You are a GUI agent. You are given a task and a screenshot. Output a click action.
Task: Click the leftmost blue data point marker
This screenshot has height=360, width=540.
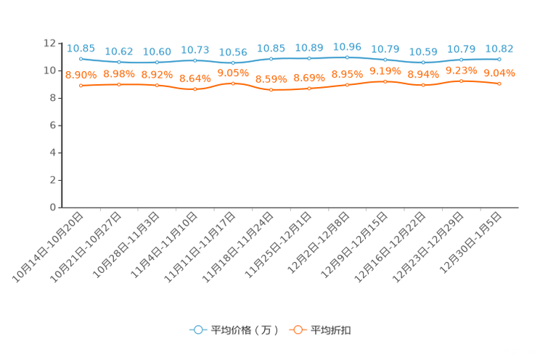(81, 58)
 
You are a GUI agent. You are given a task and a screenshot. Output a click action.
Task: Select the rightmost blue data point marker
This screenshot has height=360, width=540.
(499, 59)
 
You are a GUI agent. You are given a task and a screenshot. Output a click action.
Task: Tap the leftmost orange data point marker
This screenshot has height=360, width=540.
(81, 85)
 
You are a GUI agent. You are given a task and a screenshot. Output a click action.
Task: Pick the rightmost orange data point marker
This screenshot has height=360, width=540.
(499, 83)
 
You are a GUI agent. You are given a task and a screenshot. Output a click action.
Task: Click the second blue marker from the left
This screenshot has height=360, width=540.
(119, 62)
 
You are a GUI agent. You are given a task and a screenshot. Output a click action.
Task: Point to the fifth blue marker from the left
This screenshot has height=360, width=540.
(233, 63)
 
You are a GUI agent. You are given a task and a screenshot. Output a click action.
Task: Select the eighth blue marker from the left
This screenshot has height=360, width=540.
(347, 57)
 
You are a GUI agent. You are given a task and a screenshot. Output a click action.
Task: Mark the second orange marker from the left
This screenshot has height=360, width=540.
(119, 84)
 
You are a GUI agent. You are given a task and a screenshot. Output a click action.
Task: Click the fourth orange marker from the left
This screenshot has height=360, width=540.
(195, 89)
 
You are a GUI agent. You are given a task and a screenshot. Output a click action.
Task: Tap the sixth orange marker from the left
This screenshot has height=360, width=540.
(271, 89)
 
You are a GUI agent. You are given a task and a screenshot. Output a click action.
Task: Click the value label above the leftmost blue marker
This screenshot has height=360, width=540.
(81, 48)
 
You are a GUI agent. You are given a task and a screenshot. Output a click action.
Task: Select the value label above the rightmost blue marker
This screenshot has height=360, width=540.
(499, 49)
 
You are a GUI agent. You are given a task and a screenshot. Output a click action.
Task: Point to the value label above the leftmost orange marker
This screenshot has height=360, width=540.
(81, 74)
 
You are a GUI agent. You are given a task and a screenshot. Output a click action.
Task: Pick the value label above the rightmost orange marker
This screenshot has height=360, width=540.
(499, 73)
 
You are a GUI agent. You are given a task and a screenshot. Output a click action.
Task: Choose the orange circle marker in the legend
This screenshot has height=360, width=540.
(298, 330)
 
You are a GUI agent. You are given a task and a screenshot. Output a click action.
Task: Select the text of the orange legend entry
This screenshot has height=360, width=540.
(331, 330)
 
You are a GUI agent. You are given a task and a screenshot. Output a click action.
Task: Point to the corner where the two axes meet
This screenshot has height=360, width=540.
(59, 208)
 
